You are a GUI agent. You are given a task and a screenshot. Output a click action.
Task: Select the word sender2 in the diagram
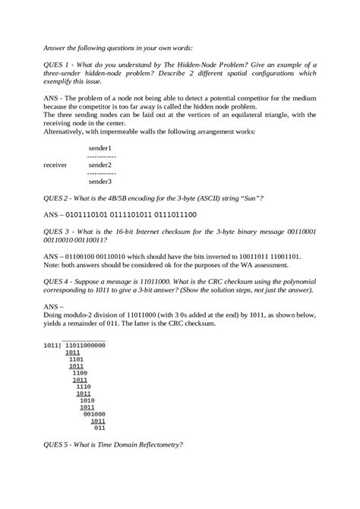coord(100,164)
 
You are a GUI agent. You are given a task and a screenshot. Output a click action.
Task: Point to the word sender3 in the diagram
coord(100,182)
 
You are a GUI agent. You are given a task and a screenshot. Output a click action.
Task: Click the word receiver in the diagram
coord(55,164)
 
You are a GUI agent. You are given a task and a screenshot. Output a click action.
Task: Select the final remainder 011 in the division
coord(99,427)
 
